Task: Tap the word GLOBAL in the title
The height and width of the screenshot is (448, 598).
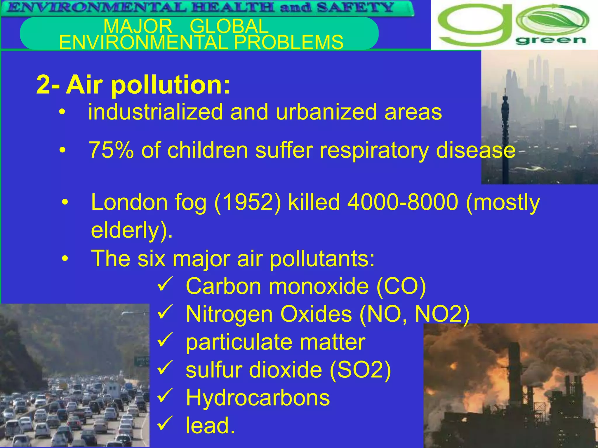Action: (x=229, y=26)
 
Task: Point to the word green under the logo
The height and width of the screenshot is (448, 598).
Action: (x=550, y=40)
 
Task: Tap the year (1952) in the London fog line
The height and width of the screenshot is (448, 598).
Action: (x=248, y=202)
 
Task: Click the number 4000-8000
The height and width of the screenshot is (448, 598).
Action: (x=402, y=202)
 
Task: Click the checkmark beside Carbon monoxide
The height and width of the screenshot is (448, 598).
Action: (x=165, y=284)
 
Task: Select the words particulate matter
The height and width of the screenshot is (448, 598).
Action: (x=275, y=342)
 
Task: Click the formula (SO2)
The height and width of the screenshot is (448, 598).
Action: (x=360, y=370)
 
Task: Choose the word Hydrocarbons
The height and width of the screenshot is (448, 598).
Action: (x=258, y=398)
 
